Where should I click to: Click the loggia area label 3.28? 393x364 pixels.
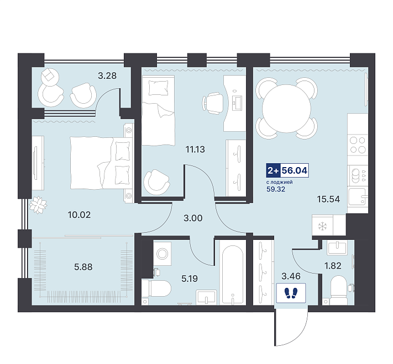pyautogui.click(x=107, y=76)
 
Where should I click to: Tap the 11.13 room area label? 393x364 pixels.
pyautogui.click(x=195, y=149)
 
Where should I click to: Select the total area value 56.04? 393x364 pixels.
pyautogui.click(x=295, y=171)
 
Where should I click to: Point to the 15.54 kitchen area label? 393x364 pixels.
pyautogui.click(x=328, y=199)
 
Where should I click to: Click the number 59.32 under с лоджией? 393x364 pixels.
pyautogui.click(x=276, y=189)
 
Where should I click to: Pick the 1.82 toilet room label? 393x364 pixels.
pyautogui.click(x=333, y=266)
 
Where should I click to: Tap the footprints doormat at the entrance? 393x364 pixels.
pyautogui.click(x=291, y=293)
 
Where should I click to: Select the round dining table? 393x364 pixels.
pyautogui.click(x=287, y=109)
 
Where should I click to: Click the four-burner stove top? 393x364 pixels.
pyautogui.click(x=358, y=145)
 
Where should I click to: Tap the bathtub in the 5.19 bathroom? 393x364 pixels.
pyautogui.click(x=232, y=275)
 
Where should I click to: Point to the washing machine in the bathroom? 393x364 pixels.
pyautogui.click(x=163, y=254)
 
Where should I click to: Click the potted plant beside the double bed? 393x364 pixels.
pyautogui.click(x=38, y=205)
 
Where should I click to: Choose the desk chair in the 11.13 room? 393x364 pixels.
pyautogui.click(x=213, y=103)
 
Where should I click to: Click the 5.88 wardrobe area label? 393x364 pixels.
pyautogui.click(x=83, y=267)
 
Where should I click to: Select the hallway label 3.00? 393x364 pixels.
pyautogui.click(x=193, y=218)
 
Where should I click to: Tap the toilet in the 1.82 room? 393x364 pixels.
pyautogui.click(x=338, y=290)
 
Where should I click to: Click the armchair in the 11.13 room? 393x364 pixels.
pyautogui.click(x=156, y=183)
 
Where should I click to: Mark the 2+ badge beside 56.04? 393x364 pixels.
pyautogui.click(x=273, y=171)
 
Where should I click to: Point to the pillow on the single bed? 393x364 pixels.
pyautogui.click(x=158, y=88)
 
